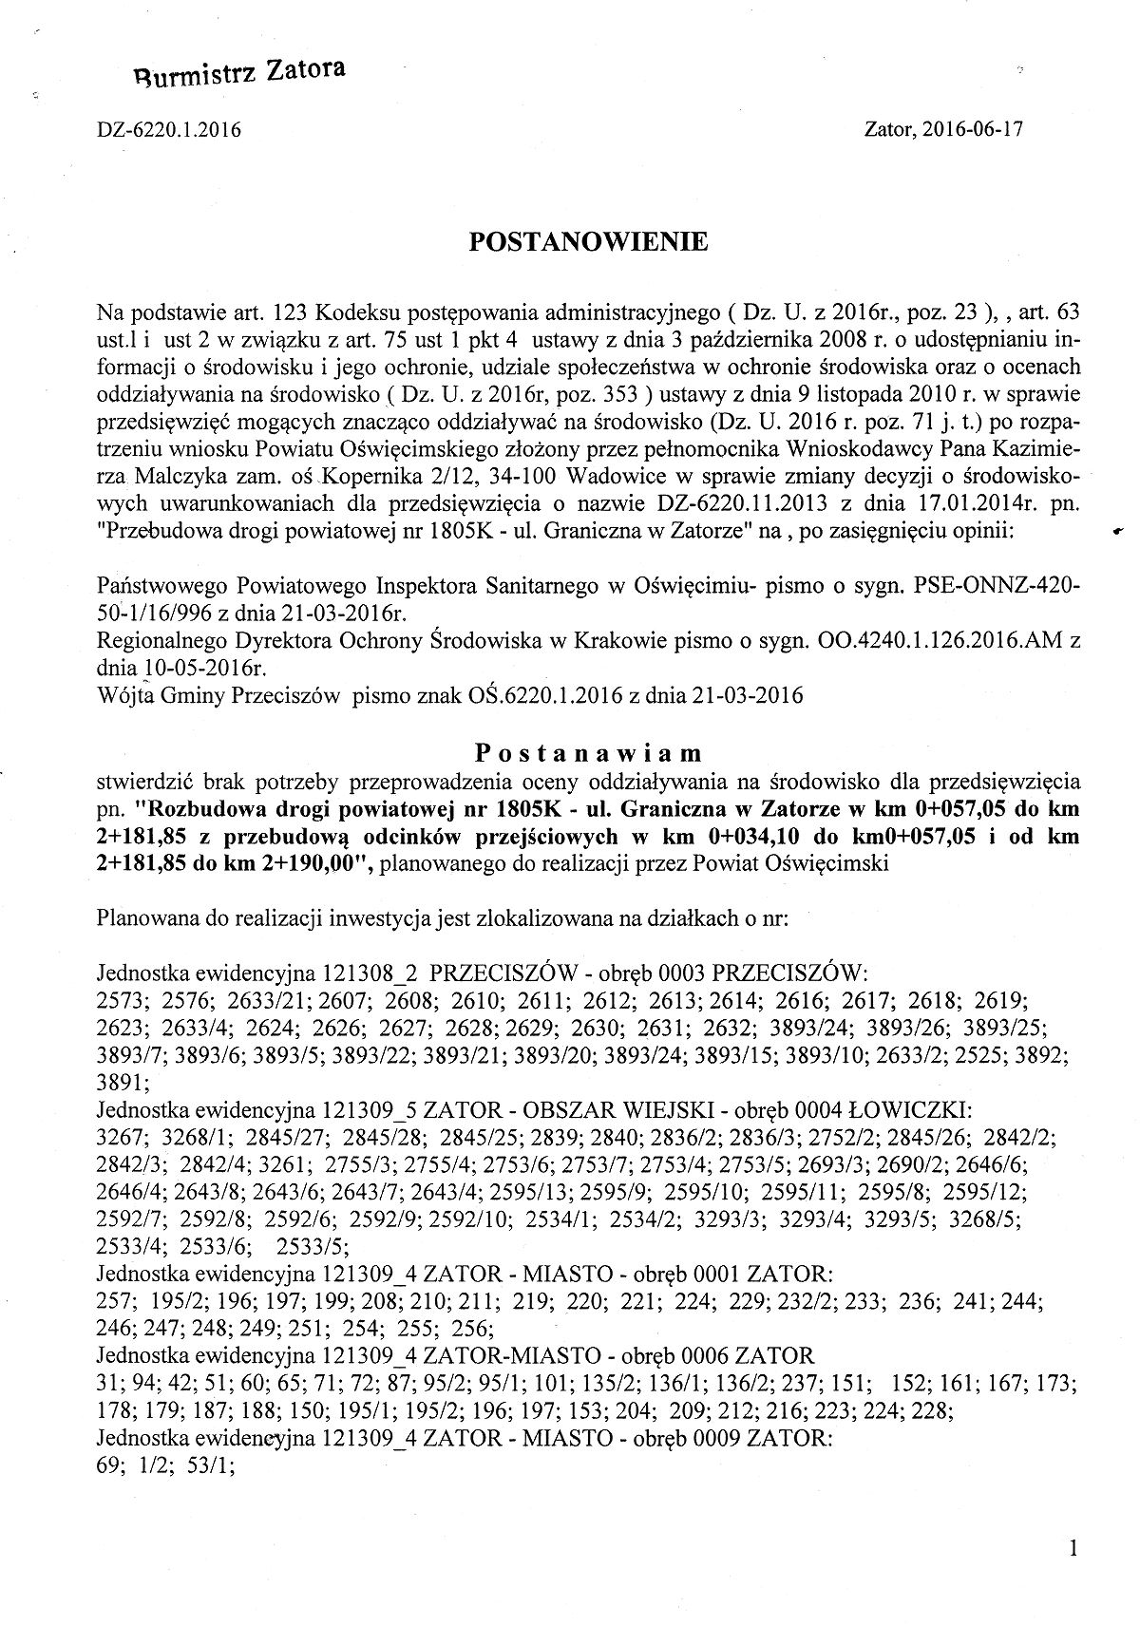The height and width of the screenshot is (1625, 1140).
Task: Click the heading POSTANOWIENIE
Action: click(589, 243)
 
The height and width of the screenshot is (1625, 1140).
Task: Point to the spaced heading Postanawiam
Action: click(589, 753)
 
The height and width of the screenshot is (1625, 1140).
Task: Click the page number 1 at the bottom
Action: click(1073, 1550)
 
